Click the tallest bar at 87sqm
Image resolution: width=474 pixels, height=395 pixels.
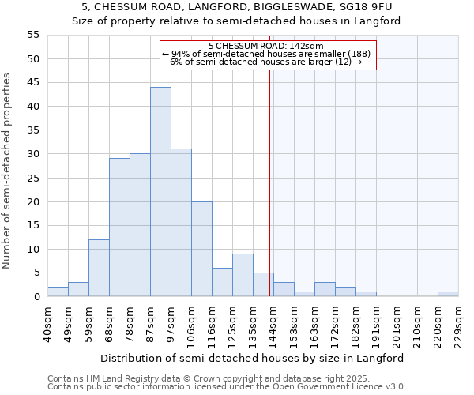pos(160,192)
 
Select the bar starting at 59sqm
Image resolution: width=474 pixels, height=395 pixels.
pos(99,268)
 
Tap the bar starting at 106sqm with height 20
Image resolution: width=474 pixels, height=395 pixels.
pos(201,249)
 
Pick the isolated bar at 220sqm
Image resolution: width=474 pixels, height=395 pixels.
pos(448,294)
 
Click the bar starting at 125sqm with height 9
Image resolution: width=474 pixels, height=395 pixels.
pos(243,275)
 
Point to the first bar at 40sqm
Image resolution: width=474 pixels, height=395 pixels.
pos(58,292)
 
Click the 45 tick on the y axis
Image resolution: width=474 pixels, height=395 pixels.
pos(33,83)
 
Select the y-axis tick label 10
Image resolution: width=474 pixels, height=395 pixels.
pos(33,250)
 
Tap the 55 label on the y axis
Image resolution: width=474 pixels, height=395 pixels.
pos(33,35)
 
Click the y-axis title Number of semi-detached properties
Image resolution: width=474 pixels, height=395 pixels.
pos(7,171)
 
